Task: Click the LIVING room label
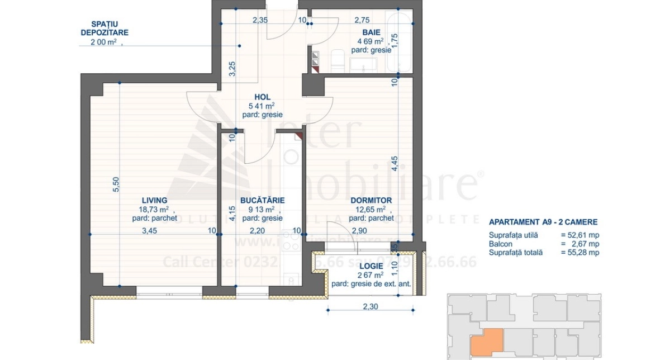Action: [x=154, y=200]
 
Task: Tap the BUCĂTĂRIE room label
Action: [x=262, y=200]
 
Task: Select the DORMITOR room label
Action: [x=370, y=200]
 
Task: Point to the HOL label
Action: [x=262, y=97]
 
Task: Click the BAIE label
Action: [x=370, y=32]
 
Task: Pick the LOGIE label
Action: [x=371, y=266]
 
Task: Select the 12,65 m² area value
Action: [x=370, y=209]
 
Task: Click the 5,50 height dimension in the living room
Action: [x=116, y=185]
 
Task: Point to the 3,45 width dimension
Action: [x=149, y=230]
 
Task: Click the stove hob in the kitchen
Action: [x=291, y=240]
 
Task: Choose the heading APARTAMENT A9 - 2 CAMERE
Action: [x=543, y=222]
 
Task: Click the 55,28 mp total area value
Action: [x=579, y=253]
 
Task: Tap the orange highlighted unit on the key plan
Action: [x=487, y=342]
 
